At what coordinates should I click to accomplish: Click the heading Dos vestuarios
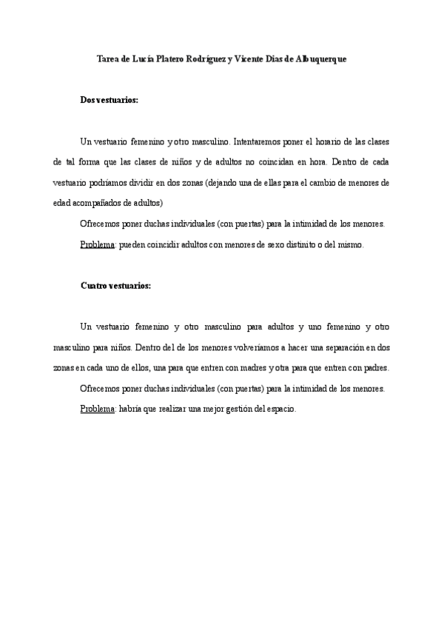click(109, 99)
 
